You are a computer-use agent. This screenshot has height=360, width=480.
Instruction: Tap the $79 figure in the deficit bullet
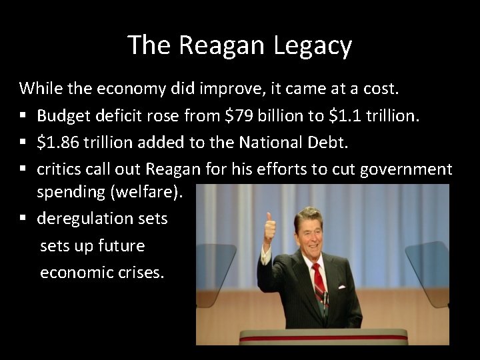pos(237,116)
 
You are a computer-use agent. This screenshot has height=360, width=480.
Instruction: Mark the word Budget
pos(61,116)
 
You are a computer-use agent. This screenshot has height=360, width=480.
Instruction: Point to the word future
pos(121,245)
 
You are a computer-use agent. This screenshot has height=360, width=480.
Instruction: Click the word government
pos(406,169)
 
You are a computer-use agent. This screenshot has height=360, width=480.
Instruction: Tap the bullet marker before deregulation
pos(23,219)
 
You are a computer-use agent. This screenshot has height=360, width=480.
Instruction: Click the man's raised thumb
pos(269,221)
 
